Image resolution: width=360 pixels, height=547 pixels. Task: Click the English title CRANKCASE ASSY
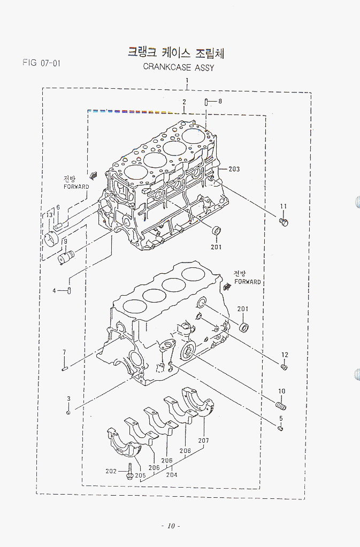178,67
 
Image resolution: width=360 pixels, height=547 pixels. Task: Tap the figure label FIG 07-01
41,63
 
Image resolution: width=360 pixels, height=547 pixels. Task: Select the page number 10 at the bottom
171,526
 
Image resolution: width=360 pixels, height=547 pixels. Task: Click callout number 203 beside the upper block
234,169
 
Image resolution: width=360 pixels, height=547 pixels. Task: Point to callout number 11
284,206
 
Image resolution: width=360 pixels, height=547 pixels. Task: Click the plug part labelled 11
284,221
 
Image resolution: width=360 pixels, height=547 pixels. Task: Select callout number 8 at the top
220,101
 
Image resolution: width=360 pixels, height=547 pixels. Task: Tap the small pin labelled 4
70,290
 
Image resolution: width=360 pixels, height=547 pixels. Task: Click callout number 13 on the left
49,215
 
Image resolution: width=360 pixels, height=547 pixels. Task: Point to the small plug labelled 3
68,412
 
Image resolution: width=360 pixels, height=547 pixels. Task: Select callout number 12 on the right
285,355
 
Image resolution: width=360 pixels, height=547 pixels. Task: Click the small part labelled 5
281,428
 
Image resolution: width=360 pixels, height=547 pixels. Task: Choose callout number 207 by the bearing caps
203,441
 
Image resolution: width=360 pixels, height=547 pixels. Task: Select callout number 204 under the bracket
172,474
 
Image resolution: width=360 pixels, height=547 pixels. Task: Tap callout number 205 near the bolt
140,475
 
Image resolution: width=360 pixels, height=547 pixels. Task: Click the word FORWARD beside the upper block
76,187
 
